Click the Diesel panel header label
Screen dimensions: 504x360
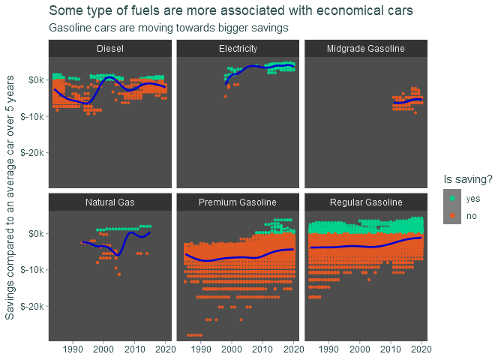tap(110, 49)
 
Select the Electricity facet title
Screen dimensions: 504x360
tap(238, 49)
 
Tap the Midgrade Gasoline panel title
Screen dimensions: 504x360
tap(366, 49)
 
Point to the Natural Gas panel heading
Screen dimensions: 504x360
tap(110, 202)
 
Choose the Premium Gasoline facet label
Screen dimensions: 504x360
tap(238, 202)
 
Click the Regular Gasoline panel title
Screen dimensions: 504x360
tap(366, 202)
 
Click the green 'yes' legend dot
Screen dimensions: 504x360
tap(452, 198)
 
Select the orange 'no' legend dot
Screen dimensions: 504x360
tap(452, 215)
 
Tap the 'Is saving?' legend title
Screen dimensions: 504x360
tap(468, 179)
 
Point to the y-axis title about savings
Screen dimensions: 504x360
tap(10, 197)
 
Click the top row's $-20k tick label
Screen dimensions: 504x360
tap(32, 152)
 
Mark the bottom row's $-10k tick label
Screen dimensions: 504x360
tap(32, 270)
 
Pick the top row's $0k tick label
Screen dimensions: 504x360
tap(36, 79)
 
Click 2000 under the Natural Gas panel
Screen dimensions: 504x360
tap(103, 349)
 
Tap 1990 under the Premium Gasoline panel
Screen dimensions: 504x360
tap(201, 349)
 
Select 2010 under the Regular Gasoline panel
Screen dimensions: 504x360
tap(391, 349)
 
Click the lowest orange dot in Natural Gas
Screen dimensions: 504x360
tap(119, 274)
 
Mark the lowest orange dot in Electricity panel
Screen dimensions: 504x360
tap(226, 97)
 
